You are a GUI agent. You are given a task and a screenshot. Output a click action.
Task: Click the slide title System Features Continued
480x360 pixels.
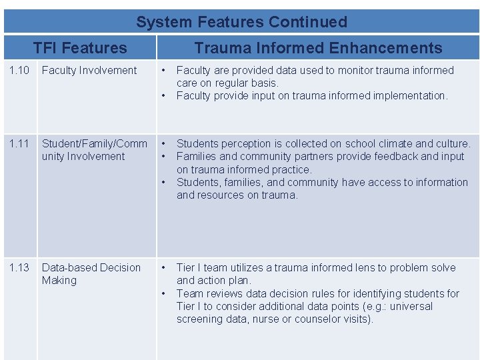tap(241, 22)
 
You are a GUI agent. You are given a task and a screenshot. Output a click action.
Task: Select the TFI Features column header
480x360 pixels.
tap(80, 48)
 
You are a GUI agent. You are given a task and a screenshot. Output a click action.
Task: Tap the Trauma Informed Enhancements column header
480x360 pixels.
tap(318, 48)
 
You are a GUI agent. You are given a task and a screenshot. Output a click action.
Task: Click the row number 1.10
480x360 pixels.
tap(19, 71)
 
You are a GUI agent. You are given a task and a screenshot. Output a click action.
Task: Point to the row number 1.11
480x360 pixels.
tap(19, 144)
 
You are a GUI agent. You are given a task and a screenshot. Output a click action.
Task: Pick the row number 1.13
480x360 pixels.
tap(19, 268)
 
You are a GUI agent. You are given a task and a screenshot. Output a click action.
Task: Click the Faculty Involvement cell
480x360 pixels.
tap(89, 71)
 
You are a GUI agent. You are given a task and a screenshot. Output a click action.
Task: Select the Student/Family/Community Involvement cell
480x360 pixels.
tap(94, 150)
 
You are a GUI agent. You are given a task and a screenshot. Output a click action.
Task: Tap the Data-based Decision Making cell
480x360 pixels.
tap(91, 274)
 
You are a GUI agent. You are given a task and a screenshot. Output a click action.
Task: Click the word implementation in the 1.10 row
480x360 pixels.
tap(413, 96)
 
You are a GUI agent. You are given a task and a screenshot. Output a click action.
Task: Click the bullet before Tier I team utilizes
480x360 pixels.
tap(164, 268)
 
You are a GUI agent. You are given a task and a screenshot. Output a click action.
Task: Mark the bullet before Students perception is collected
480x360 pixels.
tap(164, 144)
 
